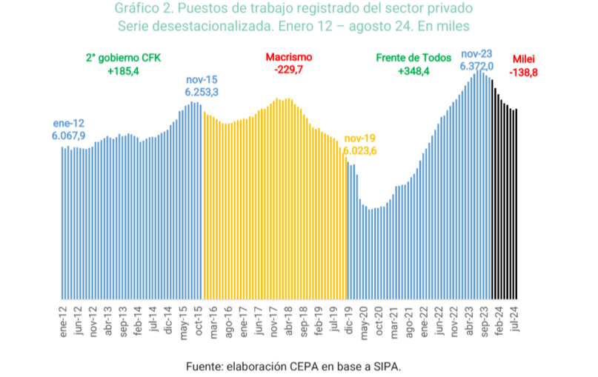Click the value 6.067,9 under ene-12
tap(68, 136)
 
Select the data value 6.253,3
tap(202, 92)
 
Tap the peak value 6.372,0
tap(476, 66)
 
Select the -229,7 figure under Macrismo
tap(289, 70)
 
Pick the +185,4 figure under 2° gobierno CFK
tap(123, 71)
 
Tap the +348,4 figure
tap(413, 71)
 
